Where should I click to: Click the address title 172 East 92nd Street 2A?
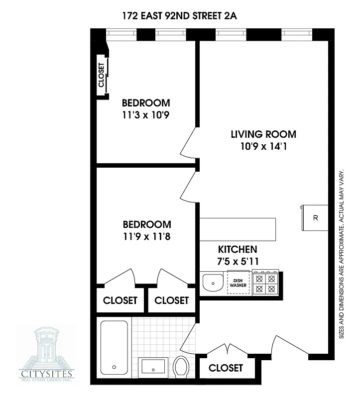180,15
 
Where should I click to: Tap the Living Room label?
263,134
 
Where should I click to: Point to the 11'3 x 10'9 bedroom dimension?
146,115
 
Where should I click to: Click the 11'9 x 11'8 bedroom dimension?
146,236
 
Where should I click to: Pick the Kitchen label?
238,249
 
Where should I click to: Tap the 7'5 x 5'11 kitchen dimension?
238,261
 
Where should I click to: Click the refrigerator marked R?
315,218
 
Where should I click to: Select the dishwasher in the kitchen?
238,283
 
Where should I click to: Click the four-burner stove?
265,283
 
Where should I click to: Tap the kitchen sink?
213,283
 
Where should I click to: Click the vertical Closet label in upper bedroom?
102,75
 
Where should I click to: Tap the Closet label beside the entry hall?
226,368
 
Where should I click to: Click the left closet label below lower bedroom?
120,300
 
